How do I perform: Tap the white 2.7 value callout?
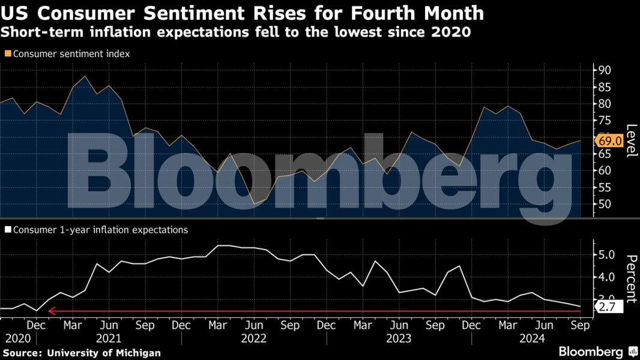pos(608,307)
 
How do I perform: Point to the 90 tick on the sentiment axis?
pos(602,70)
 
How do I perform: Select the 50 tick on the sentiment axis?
pos(602,204)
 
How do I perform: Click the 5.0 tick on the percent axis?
pos(605,254)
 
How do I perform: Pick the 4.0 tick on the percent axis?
pos(605,277)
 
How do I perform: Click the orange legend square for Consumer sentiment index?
pos(8,54)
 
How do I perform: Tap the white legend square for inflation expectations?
pos(8,230)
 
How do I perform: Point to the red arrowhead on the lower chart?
pos(52,311)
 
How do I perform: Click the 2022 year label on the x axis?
pos(253,338)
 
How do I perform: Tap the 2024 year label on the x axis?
pos(544,338)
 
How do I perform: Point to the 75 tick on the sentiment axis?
pos(602,121)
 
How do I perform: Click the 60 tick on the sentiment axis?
pos(602,170)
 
